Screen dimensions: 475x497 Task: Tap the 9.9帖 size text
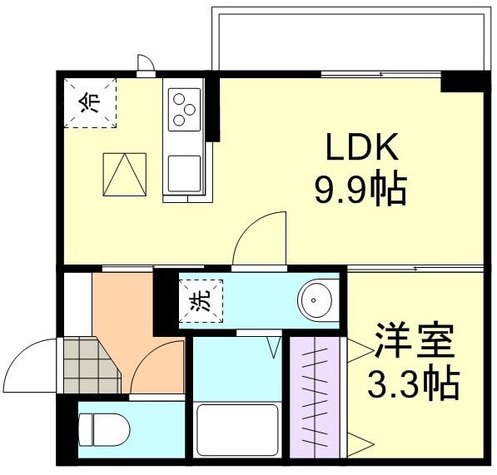coord(360,190)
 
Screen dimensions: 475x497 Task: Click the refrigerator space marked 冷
coord(91,101)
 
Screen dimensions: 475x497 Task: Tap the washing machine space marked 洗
coord(201,299)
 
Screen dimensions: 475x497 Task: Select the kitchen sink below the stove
coord(183,174)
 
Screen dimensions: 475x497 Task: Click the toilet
coord(105,429)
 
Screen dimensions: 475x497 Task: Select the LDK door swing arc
coord(261,238)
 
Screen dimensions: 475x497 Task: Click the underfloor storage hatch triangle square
coord(123,174)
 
